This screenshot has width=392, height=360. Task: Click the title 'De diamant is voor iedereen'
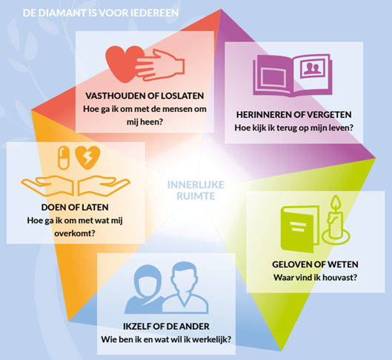(101, 13)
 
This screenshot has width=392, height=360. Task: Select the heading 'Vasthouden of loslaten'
(144, 96)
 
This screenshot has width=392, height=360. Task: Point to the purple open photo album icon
(293, 76)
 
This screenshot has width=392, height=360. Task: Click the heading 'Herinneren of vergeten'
(293, 115)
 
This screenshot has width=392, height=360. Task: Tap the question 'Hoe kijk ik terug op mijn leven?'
(293, 128)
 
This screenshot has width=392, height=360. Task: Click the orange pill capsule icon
(64, 158)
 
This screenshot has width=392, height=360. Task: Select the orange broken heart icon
(87, 158)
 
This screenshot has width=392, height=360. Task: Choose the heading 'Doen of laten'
(75, 207)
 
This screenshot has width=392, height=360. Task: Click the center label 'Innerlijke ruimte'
(196, 190)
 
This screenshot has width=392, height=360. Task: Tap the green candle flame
(336, 202)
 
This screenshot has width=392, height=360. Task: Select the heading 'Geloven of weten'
(315, 264)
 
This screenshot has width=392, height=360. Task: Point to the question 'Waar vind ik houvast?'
(315, 278)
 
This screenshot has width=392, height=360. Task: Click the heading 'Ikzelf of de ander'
(166, 326)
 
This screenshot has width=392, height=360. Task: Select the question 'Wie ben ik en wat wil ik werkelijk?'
(166, 339)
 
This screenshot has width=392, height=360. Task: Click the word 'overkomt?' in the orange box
(75, 233)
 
